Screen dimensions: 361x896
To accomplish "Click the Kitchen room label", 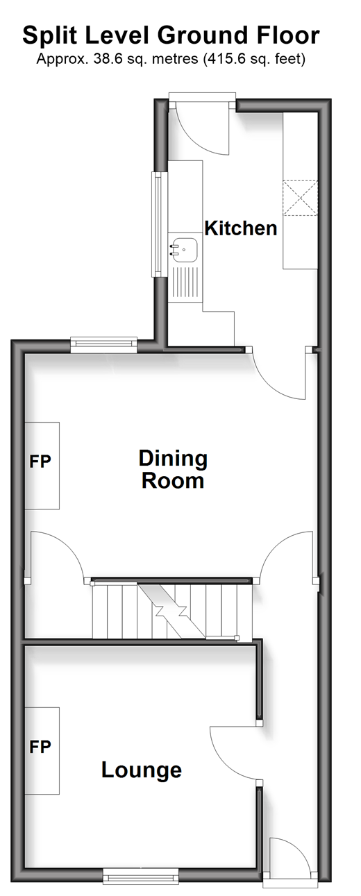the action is pyautogui.click(x=241, y=228).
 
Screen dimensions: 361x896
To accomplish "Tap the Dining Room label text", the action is pyautogui.click(x=173, y=470).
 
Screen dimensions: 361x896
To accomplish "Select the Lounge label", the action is pyautogui.click(x=142, y=770).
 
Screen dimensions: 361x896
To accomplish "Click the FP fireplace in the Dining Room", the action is pyautogui.click(x=42, y=466).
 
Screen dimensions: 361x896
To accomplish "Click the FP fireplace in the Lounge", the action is pyautogui.click(x=42, y=751).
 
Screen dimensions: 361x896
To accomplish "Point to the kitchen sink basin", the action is pyautogui.click(x=184, y=250).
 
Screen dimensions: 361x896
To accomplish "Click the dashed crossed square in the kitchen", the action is pyautogui.click(x=301, y=198).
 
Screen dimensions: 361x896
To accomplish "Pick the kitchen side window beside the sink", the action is pyautogui.click(x=159, y=224).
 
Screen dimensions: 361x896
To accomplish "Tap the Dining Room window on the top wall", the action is pyautogui.click(x=103, y=345).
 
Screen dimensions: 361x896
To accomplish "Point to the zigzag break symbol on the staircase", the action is pyautogui.click(x=171, y=611).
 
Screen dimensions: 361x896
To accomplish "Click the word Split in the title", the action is pyautogui.click(x=49, y=36).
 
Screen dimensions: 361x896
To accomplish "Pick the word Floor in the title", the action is pyautogui.click(x=288, y=35).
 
